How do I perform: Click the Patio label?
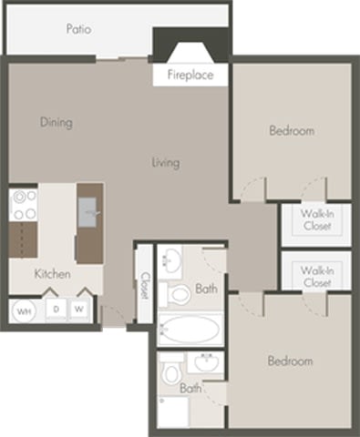[79, 29]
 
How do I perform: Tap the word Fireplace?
[190, 76]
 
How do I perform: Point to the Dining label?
[57, 122]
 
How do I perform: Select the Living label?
[166, 163]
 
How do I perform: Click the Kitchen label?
[53, 273]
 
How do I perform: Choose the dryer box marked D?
[56, 310]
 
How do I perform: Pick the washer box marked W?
[80, 310]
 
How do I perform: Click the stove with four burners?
[24, 206]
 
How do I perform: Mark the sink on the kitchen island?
[89, 215]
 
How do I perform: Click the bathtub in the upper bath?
[189, 327]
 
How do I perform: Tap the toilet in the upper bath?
[178, 293]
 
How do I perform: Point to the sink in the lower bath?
[205, 363]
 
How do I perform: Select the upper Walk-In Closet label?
[316, 219]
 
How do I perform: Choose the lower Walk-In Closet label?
[316, 276]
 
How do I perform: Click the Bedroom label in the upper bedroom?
[292, 131]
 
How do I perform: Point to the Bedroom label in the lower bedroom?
[290, 361]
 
